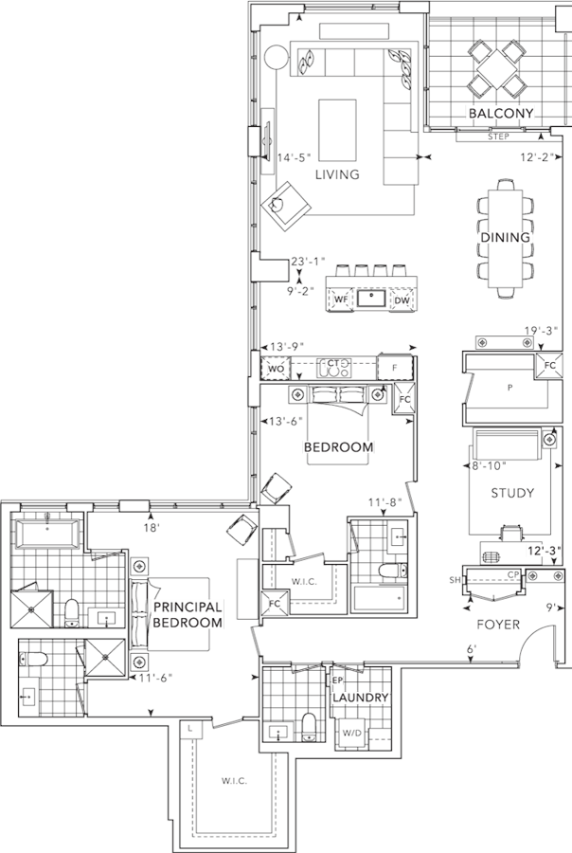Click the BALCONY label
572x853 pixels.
pyautogui.click(x=501, y=113)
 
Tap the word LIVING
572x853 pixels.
pyautogui.click(x=338, y=174)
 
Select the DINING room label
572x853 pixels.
pyautogui.click(x=505, y=237)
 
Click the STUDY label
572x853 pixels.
pyautogui.click(x=512, y=493)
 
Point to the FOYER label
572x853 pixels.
pyautogui.click(x=498, y=625)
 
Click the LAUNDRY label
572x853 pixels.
pyautogui.click(x=361, y=698)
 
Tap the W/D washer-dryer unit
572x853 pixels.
pyautogui.click(x=351, y=734)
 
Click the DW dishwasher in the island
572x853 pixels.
pyautogui.click(x=402, y=299)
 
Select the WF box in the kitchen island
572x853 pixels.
pyautogui.click(x=340, y=299)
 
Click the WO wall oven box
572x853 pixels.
pyautogui.click(x=277, y=369)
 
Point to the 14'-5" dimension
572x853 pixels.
pyautogui.click(x=294, y=157)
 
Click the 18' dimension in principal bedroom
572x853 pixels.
pyautogui.click(x=152, y=528)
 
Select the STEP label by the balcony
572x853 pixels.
pyautogui.click(x=498, y=136)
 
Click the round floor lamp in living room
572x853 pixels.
pyautogui.click(x=277, y=57)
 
